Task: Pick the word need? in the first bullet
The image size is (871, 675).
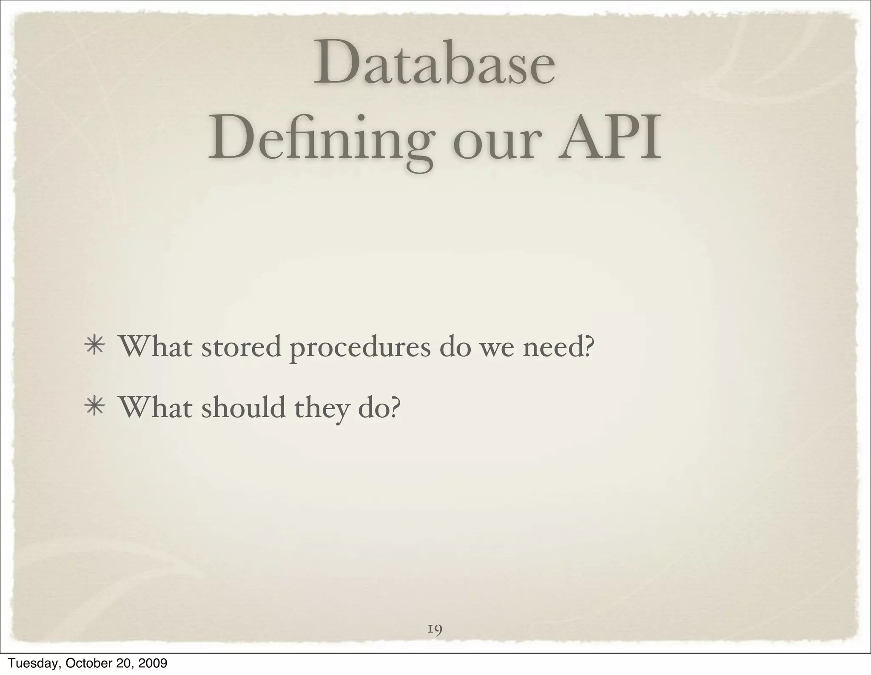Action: [x=558, y=347]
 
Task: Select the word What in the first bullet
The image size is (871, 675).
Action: [x=156, y=347]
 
